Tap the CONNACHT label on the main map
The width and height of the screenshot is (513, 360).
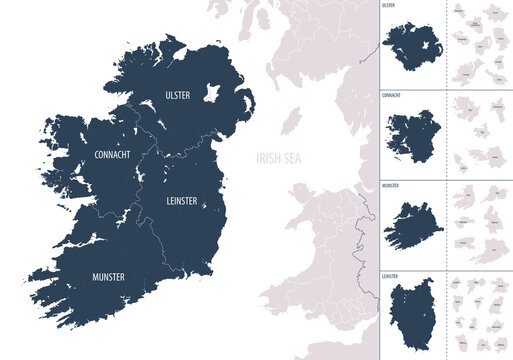(x=112, y=157)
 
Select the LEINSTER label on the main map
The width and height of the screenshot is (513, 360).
(x=175, y=201)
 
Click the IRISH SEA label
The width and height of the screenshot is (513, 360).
(x=276, y=158)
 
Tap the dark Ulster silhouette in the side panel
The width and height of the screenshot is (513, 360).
(x=411, y=46)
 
